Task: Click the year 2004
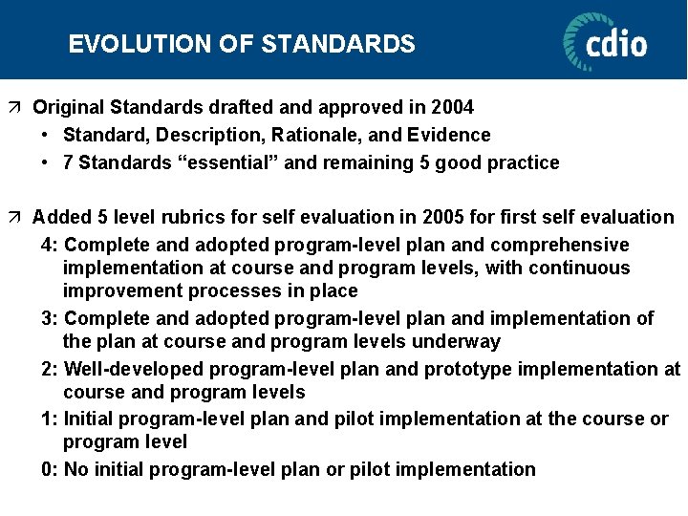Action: pos(453,107)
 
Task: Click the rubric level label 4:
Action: pos(50,245)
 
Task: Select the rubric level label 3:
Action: pos(50,318)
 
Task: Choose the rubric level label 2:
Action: pos(50,369)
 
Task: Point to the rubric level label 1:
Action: pos(50,419)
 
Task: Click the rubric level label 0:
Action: pos(50,469)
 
